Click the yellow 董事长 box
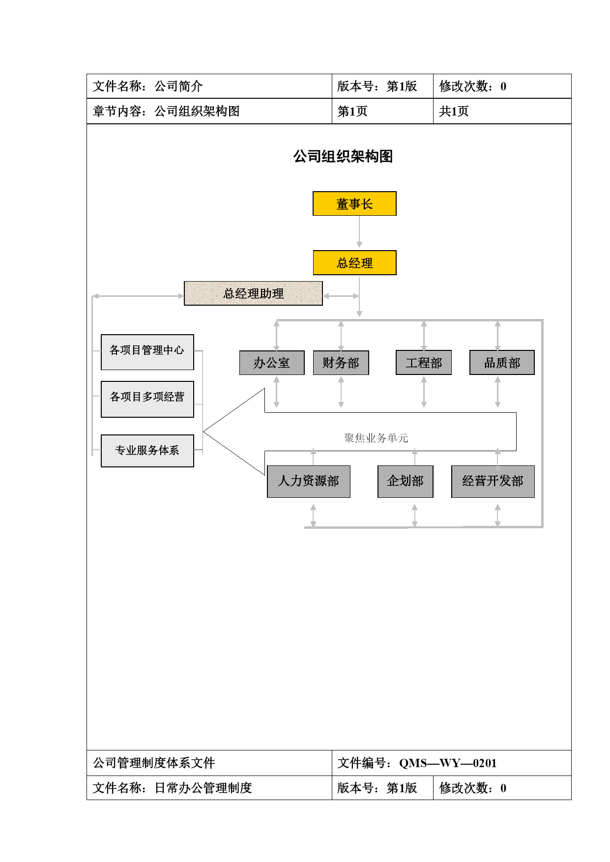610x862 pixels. pyautogui.click(x=354, y=203)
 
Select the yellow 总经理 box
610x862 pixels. pyautogui.click(x=354, y=263)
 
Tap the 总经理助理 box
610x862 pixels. pyautogui.click(x=253, y=293)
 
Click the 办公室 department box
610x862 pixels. pyautogui.click(x=272, y=363)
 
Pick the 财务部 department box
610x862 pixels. pyautogui.click(x=341, y=363)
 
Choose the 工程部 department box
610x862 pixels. pyautogui.click(x=424, y=363)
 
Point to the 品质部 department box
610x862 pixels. pyautogui.click(x=502, y=363)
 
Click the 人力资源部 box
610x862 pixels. pyautogui.click(x=309, y=482)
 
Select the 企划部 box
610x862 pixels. pyautogui.click(x=406, y=482)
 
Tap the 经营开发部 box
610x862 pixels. pyautogui.click(x=493, y=482)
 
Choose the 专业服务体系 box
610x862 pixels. pyautogui.click(x=147, y=451)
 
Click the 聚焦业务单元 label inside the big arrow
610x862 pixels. pyautogui.click(x=376, y=438)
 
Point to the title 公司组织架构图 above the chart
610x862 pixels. pyautogui.click(x=343, y=156)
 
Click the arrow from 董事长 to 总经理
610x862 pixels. pyautogui.click(x=359, y=232)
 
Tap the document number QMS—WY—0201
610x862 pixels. pyautogui.click(x=448, y=763)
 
